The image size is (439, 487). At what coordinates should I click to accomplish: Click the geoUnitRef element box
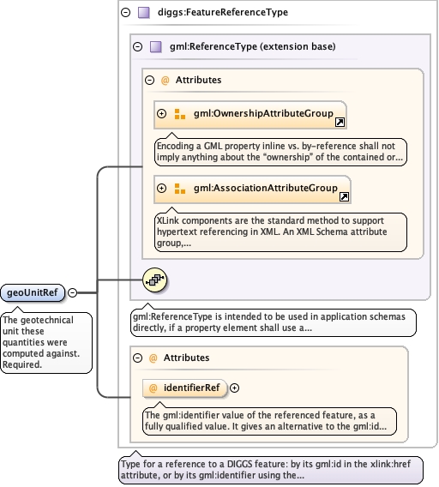click(33, 292)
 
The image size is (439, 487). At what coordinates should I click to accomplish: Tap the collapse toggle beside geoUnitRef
click(72, 292)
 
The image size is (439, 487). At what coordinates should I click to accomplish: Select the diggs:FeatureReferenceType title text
click(223, 12)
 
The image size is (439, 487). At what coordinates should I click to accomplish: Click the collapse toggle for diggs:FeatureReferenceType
click(125, 12)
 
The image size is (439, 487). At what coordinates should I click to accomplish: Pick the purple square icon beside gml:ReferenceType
click(156, 46)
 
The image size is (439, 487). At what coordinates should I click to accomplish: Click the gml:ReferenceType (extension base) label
click(253, 46)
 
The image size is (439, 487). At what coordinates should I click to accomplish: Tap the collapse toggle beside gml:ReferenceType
click(138, 46)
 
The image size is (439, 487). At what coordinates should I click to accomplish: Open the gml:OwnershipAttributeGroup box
click(250, 115)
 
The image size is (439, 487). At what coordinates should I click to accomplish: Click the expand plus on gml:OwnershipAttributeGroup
click(161, 114)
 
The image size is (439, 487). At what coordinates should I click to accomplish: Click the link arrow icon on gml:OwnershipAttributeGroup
click(340, 123)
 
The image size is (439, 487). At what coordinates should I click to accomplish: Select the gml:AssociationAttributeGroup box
click(252, 189)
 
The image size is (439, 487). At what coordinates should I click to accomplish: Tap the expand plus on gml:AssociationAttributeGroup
click(161, 189)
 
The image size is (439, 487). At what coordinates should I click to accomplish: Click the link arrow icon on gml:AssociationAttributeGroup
click(344, 197)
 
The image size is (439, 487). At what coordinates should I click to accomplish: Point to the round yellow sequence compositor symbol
click(154, 280)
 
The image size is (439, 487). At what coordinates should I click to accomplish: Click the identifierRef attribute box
click(184, 388)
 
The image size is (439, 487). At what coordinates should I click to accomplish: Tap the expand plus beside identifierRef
click(234, 388)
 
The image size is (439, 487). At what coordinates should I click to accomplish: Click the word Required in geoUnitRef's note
click(22, 364)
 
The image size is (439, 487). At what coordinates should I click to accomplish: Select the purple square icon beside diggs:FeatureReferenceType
click(144, 12)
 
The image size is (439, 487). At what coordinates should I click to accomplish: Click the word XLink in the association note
click(168, 220)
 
